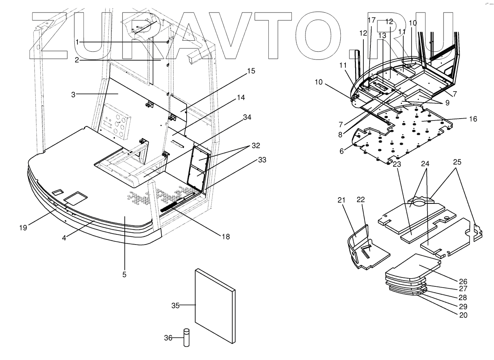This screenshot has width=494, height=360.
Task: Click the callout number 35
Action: [175, 306]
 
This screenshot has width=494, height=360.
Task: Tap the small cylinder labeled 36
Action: [187, 338]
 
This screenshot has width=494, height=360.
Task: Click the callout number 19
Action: [23, 227]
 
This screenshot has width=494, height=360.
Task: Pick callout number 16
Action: [473, 119]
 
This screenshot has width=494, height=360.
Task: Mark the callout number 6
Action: [342, 151]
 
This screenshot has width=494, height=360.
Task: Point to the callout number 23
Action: [397, 165]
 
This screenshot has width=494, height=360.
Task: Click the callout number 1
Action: [77, 41]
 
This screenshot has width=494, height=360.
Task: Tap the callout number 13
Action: [382, 35]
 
